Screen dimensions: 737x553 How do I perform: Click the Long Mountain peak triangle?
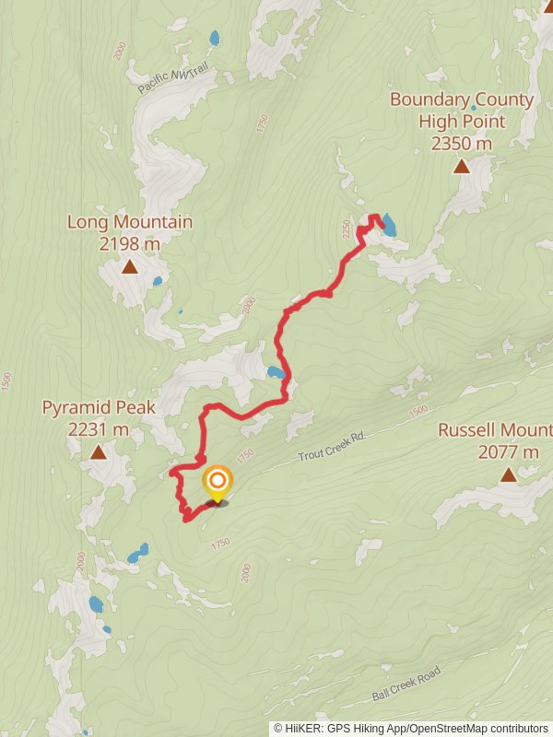130,267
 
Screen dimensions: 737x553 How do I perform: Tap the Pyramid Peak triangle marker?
98,451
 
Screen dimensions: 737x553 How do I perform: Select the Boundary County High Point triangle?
460,166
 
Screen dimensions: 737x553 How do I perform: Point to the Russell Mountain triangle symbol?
508,474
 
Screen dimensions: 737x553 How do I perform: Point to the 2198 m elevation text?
129,243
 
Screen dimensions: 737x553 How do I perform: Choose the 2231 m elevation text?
99,428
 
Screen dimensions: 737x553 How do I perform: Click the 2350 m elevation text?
461,143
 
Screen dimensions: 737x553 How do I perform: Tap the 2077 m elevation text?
509,451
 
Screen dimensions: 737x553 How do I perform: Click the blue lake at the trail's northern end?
389,226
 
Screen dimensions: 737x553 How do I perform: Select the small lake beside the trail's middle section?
275,372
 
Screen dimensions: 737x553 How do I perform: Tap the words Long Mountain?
130,222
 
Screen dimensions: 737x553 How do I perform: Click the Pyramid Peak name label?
99,407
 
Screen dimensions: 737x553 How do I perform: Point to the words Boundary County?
461,99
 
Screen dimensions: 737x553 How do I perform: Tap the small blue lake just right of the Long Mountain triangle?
158,281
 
